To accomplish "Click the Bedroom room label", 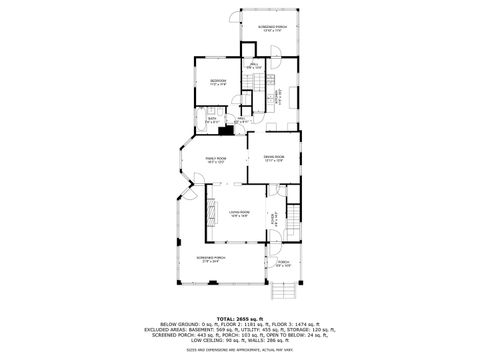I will (x=218, y=83).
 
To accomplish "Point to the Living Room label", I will (x=238, y=213).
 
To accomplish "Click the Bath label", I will (x=212, y=120).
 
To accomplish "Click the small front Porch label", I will (x=283, y=265).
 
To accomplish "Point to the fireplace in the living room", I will (x=211, y=212).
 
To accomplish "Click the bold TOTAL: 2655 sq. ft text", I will (x=240, y=318).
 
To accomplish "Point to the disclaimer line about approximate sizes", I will (x=240, y=350).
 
